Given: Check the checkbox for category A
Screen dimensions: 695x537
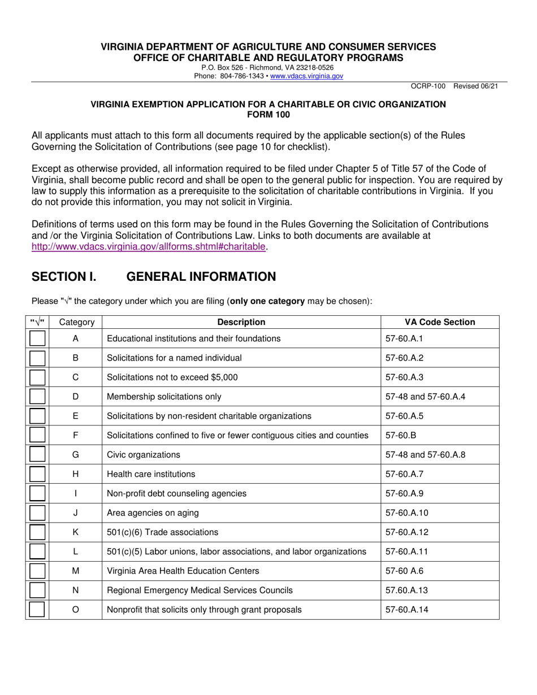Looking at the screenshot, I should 37,338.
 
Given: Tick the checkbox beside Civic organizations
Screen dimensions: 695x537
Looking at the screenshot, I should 37,454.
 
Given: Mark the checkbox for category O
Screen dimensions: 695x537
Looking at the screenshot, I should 37,610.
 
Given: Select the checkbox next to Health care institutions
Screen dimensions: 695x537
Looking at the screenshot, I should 37,474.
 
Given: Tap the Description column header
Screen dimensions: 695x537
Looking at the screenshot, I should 241,322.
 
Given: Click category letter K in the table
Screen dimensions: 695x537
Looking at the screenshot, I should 75,532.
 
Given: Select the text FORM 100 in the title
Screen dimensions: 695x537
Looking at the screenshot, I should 268,114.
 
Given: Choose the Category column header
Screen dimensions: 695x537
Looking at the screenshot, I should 76,322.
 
